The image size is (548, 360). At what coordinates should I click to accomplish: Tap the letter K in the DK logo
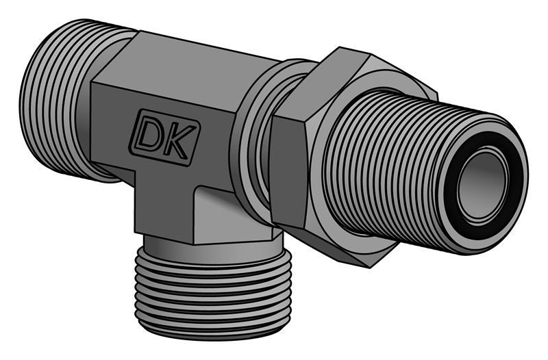click(181, 142)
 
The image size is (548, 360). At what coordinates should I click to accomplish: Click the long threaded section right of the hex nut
click(384, 164)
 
